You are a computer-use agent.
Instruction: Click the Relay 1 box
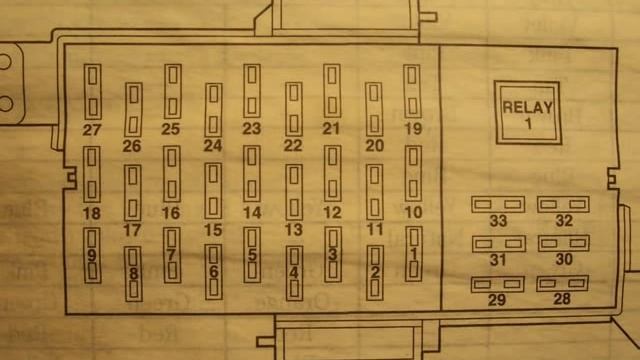pos(527,113)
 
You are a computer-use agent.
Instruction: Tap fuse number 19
pos(412,91)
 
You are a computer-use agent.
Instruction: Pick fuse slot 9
pos(92,255)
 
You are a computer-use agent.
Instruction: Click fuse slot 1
pos(413,254)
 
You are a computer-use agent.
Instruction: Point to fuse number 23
pos(252,91)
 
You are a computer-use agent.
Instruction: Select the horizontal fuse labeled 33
pos(498,204)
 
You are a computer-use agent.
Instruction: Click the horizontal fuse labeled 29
pos(498,284)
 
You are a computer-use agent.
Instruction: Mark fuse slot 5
pos(252,255)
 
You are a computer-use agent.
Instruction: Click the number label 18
pos(92,213)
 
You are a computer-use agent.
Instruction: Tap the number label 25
pos(171,129)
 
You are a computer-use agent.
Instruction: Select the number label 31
pos(498,260)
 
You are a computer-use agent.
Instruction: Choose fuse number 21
pos(332,91)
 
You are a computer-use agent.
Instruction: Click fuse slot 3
pos(333,255)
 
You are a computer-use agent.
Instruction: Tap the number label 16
pos(171,213)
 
